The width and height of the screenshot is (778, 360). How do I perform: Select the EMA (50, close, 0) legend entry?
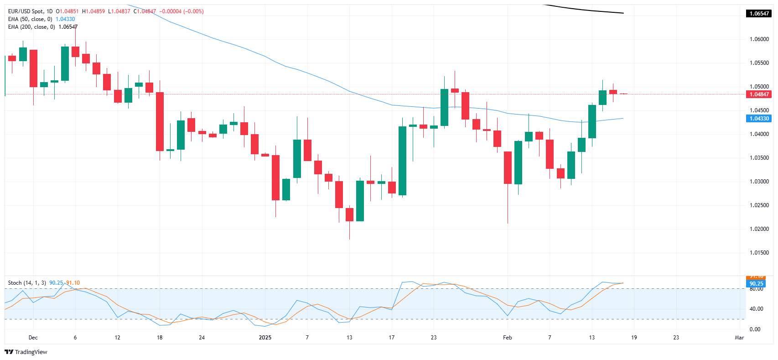coord(30,19)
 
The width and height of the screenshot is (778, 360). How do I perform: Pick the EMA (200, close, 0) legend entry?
coord(31,27)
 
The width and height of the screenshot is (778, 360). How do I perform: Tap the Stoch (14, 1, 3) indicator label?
coord(27,283)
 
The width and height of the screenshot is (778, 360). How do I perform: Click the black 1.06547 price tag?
coord(759,14)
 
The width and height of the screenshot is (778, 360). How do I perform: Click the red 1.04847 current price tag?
coord(759,94)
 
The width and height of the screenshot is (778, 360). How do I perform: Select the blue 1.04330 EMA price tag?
coord(759,119)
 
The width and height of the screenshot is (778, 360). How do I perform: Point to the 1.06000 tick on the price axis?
coord(759,39)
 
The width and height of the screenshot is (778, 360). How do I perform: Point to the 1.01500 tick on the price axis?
coord(759,253)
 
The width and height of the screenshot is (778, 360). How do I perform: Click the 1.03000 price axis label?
coord(759,182)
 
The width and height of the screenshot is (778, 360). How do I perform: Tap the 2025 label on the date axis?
coord(265,338)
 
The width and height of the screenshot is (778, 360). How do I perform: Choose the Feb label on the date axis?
coord(507,338)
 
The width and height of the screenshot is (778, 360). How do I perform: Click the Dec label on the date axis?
coord(33,338)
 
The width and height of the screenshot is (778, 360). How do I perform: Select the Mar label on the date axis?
coord(739,338)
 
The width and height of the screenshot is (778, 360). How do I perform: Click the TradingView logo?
coord(26,352)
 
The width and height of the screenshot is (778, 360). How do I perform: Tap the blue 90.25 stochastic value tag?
coord(756,284)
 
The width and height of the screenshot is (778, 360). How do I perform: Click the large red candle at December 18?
coord(160,121)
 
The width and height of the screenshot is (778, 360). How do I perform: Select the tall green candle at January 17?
coord(402,161)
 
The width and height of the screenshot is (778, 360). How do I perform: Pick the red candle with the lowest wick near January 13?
coord(349,214)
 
